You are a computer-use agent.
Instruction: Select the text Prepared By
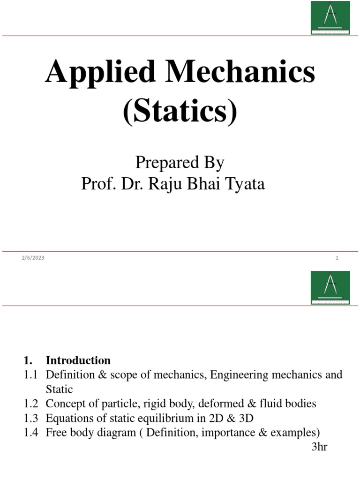point(180,163)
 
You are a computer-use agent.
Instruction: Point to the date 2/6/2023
point(33,258)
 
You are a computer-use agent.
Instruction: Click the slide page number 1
point(337,258)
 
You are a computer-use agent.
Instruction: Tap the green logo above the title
point(330,17)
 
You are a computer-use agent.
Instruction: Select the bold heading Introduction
point(78,360)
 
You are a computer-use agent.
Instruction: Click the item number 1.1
point(31,375)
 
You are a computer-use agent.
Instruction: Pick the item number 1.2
point(31,404)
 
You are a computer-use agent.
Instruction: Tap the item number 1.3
point(31,418)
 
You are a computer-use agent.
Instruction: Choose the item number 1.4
point(31,432)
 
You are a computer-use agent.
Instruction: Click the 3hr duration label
point(319,447)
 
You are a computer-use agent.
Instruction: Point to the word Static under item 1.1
point(60,389)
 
